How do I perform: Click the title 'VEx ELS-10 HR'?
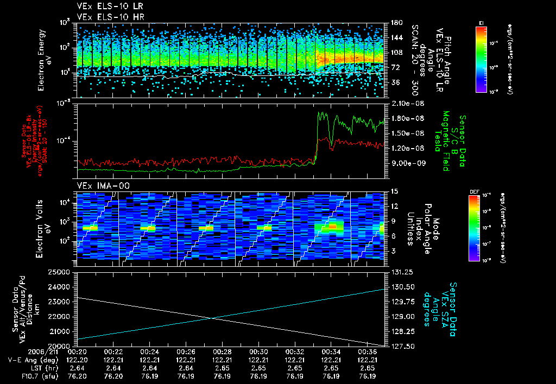click(106, 17)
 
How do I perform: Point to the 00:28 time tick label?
click(222, 351)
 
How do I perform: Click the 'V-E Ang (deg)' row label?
click(30, 360)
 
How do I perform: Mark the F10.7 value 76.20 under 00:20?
click(77, 376)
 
